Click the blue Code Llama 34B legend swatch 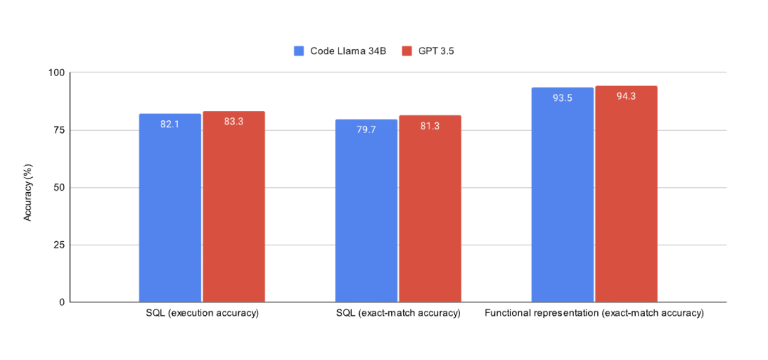click(x=299, y=51)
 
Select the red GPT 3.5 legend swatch click(x=407, y=51)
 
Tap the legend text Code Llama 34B click(x=348, y=51)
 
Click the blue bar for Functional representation click(x=562, y=195)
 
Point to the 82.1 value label click(x=170, y=124)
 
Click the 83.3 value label click(x=234, y=122)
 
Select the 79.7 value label click(x=366, y=129)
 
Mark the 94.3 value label click(x=626, y=96)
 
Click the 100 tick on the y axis click(x=57, y=73)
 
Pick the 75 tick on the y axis click(x=59, y=130)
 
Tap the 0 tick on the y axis click(x=62, y=302)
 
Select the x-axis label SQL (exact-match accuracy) click(x=398, y=313)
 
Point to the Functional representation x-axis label click(x=594, y=313)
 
